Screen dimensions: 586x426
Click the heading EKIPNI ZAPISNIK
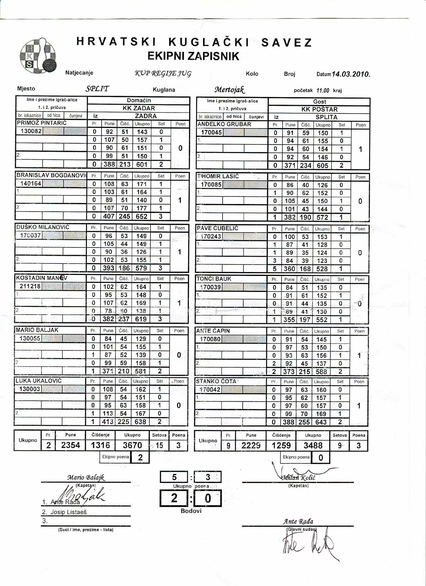point(193,56)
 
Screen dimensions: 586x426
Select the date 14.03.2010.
point(351,74)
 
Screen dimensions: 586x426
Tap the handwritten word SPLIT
point(97,88)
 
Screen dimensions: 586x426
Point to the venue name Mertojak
point(230,89)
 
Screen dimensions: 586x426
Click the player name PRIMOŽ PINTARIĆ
point(42,123)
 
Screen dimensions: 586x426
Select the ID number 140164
point(31,184)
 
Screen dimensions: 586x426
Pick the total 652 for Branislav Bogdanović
point(141,216)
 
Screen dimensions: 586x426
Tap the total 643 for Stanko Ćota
point(321,422)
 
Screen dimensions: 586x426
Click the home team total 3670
point(132,445)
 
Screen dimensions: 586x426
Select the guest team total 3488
point(313,446)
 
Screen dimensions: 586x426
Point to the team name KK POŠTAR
point(319,109)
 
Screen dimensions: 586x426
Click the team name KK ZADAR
point(139,108)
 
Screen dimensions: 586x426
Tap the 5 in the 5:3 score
point(174,477)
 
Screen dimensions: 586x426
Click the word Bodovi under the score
point(191,511)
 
